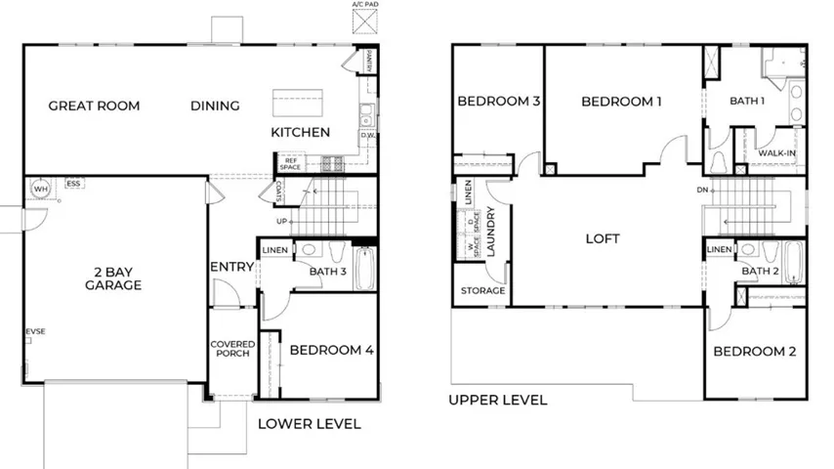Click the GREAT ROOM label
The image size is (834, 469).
click(94, 106)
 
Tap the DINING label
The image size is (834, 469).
click(215, 106)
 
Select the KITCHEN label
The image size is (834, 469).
click(300, 132)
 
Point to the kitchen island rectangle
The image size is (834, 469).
click(297, 102)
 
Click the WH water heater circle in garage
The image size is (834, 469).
click(41, 188)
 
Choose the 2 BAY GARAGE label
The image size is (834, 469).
click(113, 278)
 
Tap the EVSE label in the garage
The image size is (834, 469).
click(35, 332)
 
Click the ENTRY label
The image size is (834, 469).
click(231, 267)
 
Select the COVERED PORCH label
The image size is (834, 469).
click(232, 349)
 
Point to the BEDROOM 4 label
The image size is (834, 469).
click(324, 350)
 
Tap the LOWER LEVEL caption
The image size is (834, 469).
click(309, 424)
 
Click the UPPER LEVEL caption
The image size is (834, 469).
click(497, 400)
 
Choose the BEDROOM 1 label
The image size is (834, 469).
click(621, 101)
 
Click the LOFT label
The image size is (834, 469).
click(603, 238)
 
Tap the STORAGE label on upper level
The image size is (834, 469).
click(483, 291)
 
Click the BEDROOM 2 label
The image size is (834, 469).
click(754, 352)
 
